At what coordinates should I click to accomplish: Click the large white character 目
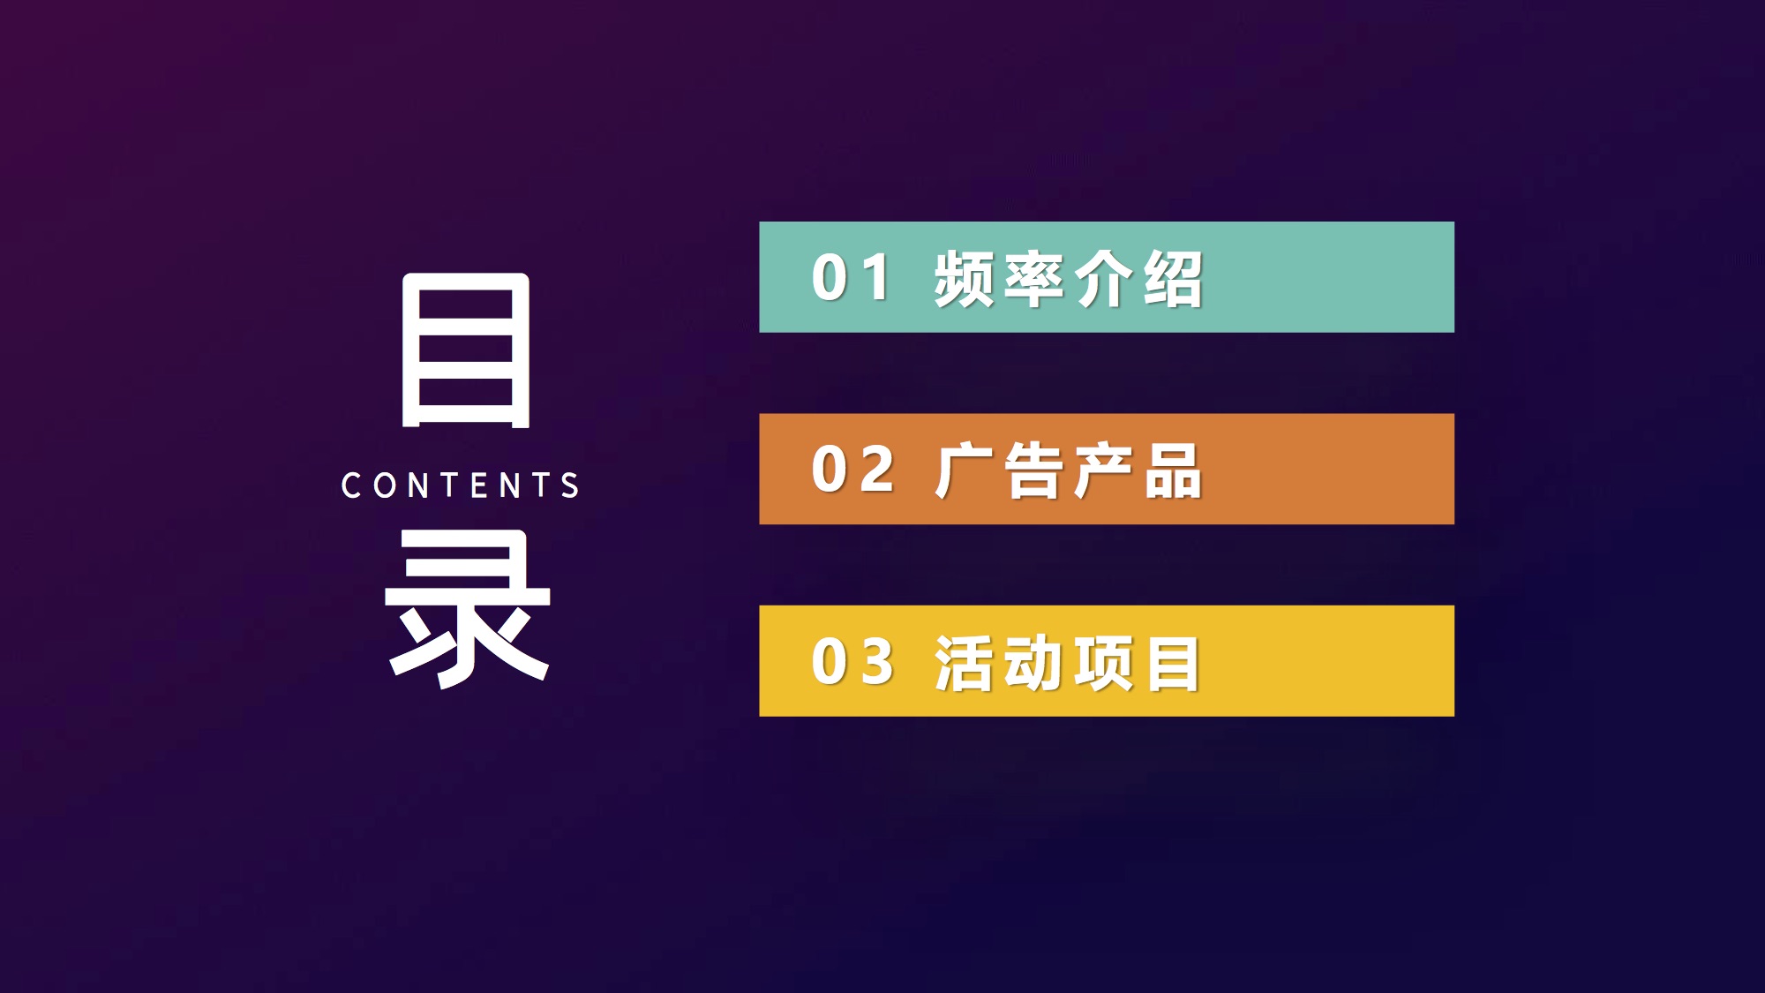(466, 350)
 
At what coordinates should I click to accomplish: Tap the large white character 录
(468, 609)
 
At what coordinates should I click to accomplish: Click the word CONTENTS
(460, 485)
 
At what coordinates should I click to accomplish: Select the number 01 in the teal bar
(851, 277)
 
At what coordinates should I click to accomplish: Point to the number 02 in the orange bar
(852, 469)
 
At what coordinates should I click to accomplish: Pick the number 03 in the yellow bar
(852, 661)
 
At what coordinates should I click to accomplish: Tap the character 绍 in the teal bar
(1173, 279)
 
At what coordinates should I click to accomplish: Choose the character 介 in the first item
(1104, 279)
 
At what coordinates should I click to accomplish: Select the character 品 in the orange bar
(1173, 470)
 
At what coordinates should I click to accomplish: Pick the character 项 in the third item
(1104, 663)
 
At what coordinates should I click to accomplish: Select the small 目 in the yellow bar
(1173, 663)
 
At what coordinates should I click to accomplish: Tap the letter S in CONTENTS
(570, 485)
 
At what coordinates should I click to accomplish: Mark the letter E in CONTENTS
(479, 485)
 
